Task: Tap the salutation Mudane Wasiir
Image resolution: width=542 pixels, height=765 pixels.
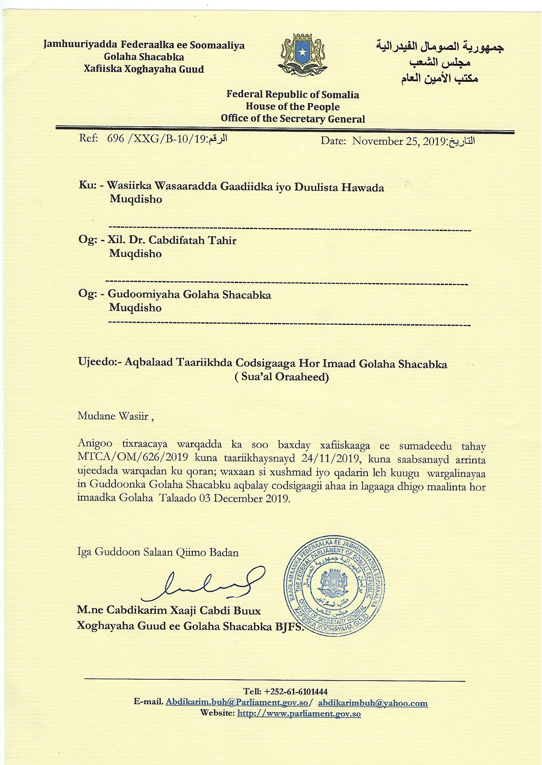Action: tap(113, 416)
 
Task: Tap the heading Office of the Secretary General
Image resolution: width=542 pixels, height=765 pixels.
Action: tap(293, 119)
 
